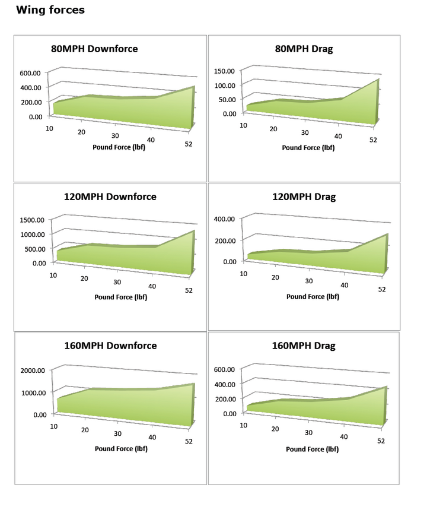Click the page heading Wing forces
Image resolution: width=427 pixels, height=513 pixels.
coord(50,10)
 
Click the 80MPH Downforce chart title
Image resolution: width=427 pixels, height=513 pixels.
coord(94,49)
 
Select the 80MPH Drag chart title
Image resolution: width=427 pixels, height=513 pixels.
coord(304,49)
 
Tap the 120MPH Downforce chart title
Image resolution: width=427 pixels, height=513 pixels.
coord(110,197)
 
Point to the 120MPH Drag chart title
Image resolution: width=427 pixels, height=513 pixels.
coord(304,197)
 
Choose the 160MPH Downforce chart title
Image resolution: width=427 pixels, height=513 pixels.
coord(110,346)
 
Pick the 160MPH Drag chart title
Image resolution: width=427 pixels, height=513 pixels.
coord(304,346)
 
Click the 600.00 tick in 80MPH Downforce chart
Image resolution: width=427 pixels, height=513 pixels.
coord(30,73)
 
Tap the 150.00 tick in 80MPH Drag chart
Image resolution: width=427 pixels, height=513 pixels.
coord(224,71)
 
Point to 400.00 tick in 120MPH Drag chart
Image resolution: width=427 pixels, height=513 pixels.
coord(224,219)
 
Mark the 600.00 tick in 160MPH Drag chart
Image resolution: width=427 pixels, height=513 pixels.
coord(224,369)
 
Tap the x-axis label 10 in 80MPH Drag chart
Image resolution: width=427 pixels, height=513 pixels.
coord(243,125)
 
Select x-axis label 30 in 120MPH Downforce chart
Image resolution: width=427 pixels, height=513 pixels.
coord(117,282)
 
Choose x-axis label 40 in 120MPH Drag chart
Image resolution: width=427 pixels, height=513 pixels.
coord(345,285)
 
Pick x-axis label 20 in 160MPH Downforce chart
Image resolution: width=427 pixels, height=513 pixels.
coord(85,429)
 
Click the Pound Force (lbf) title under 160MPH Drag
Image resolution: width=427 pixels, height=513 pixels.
coord(313,449)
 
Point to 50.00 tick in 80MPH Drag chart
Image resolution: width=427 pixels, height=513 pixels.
coord(226,99)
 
